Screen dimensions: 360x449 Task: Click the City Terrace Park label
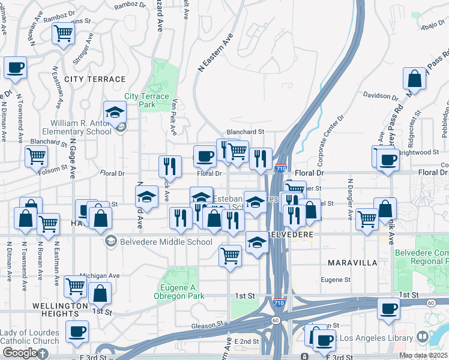pyautogui.click(x=140, y=100)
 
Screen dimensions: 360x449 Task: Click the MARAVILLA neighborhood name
pyautogui.click(x=352, y=263)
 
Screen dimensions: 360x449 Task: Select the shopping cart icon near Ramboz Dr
pyautogui.click(x=62, y=34)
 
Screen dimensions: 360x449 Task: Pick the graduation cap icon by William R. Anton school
pyautogui.click(x=115, y=112)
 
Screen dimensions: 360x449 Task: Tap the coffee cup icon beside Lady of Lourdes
pyautogui.click(x=77, y=332)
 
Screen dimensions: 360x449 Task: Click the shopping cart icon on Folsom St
pyautogui.click(x=36, y=157)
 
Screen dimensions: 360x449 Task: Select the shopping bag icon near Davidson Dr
pyautogui.click(x=414, y=79)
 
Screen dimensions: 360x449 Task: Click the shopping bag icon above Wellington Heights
pyautogui.click(x=100, y=294)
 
